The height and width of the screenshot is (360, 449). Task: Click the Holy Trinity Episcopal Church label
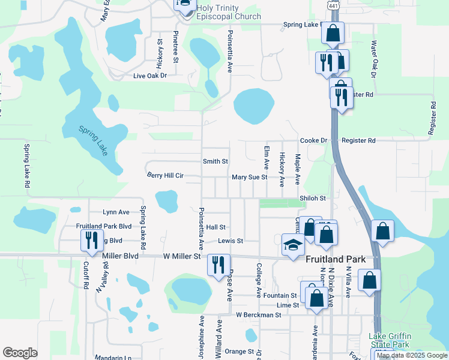pos(229,12)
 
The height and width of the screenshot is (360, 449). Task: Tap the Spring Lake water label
pos(94,140)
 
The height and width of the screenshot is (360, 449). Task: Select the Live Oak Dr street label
pos(149,76)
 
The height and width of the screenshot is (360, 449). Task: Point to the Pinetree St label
pos(176,47)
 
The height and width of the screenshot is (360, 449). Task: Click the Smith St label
pos(215,161)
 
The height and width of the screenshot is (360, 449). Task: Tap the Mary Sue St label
pos(249,178)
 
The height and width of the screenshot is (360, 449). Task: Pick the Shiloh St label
pos(312,198)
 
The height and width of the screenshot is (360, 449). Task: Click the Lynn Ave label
pos(116,212)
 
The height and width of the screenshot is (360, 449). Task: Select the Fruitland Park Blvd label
pos(103,226)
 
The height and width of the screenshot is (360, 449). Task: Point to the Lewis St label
pos(230,241)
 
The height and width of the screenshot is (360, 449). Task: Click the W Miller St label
pos(182,256)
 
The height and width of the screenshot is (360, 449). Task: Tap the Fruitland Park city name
pos(340,260)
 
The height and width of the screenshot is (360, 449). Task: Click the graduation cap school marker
pos(293,244)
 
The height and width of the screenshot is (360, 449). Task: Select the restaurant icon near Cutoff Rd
pos(91,240)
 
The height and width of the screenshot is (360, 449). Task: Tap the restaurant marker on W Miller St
pos(218,264)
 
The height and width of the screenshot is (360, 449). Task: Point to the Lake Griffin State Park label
pos(389,340)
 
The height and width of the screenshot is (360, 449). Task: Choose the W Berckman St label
pos(258,315)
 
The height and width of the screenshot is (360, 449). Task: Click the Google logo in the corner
pos(20,353)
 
